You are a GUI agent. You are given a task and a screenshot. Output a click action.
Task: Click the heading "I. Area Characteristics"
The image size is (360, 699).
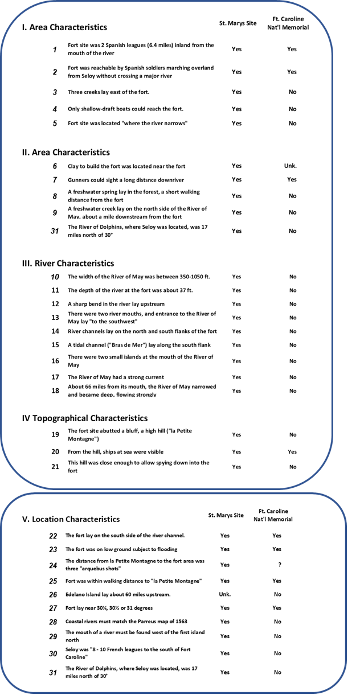pos(64,27)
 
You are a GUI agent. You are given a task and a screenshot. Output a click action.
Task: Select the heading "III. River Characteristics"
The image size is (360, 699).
pos(68,264)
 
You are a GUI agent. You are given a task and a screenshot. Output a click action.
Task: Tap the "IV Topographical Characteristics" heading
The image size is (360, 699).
pos(84,418)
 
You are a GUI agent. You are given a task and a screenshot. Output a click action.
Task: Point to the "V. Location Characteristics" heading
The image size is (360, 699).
pos(71,519)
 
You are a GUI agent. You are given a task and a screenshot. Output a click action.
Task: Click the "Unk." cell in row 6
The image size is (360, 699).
pos(291,166)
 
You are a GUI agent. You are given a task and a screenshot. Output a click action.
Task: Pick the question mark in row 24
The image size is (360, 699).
pos(279,565)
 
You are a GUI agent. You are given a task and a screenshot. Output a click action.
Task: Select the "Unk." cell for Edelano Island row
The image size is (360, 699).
pos(225,594)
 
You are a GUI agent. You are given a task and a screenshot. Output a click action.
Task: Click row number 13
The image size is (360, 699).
pos(55,318)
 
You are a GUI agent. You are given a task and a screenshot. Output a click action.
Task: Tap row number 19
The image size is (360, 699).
pos(55,435)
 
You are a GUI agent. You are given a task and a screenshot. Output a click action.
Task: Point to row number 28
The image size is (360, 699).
pos(53,622)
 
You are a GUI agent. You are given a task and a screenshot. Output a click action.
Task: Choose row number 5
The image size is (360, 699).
pos(55,124)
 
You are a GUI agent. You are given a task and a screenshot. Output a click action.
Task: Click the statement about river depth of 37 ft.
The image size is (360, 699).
pos(130,290)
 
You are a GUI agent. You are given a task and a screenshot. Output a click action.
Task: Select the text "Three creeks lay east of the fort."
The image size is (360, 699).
pos(108,92)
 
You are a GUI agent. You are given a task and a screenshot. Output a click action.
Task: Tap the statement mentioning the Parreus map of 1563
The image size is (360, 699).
pos(126,622)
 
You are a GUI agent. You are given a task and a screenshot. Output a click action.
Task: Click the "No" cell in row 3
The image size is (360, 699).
pos(292,92)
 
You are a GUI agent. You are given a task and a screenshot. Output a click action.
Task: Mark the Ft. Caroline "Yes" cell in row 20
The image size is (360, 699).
pos(292,452)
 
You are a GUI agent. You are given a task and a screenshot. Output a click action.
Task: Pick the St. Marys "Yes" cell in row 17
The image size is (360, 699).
pos(236,377)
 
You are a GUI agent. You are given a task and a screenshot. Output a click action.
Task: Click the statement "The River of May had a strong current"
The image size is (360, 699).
pos(116,377)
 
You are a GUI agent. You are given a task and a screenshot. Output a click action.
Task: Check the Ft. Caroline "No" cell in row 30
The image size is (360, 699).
pos(277,653)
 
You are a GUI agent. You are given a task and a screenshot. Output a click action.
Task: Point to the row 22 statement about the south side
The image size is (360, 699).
pos(125,536)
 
